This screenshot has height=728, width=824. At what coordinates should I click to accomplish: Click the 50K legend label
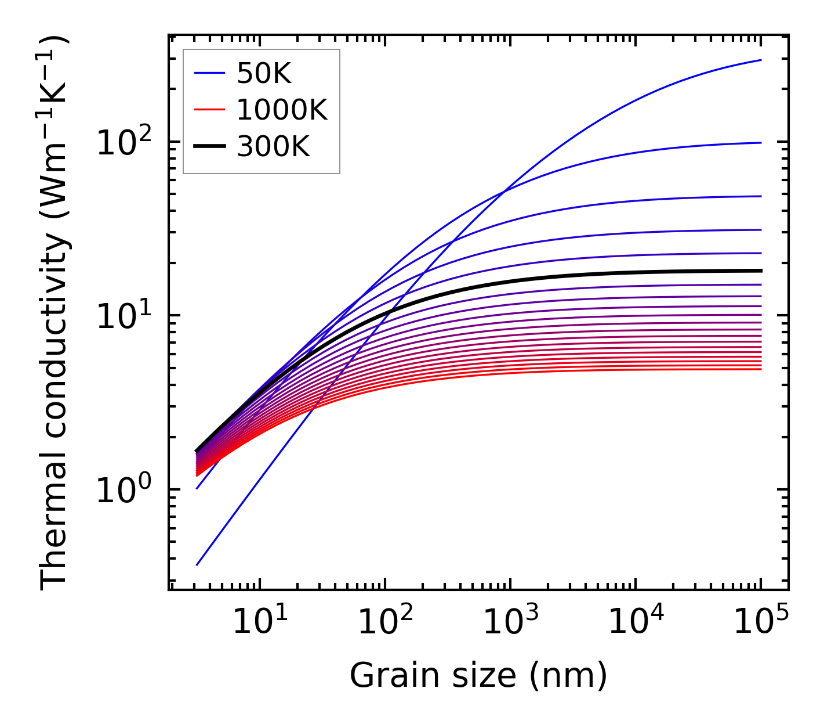264,74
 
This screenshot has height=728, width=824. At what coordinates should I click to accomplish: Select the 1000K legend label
282,110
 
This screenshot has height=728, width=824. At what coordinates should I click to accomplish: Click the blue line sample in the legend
209,74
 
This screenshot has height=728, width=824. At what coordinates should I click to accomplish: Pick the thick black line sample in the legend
209,147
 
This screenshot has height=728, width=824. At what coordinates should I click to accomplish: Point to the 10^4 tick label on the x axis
635,622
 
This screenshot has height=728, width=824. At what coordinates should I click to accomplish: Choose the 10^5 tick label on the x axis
760,622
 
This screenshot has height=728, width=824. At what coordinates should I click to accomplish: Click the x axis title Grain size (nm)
478,676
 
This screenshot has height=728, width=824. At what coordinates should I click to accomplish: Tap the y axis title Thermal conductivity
55,313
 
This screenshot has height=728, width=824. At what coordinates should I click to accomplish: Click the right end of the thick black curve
761,271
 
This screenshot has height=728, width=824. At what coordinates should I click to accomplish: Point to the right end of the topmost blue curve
761,60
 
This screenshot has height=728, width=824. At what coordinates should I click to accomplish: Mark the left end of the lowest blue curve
197,565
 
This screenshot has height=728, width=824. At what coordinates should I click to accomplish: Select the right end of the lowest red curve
761,369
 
